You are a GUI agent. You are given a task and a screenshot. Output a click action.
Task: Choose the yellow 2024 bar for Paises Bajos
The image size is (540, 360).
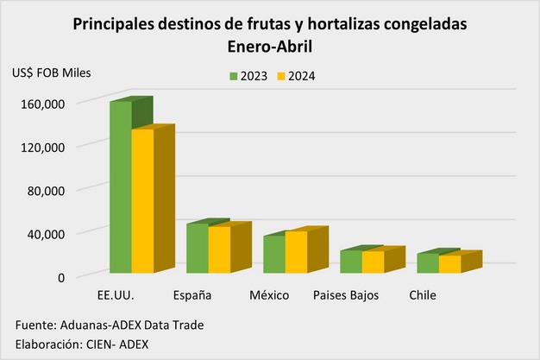[x=373, y=262]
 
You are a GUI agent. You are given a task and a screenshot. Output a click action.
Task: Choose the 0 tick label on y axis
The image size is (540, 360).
[x=61, y=276]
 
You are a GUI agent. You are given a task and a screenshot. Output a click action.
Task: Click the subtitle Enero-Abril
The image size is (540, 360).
[x=270, y=45]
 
